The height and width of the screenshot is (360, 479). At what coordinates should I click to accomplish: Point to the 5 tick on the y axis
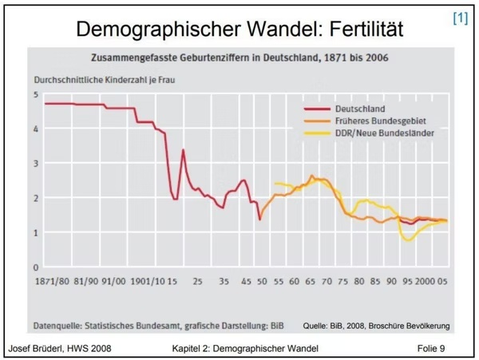(x=35, y=94)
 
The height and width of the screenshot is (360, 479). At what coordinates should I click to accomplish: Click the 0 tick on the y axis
(x=35, y=267)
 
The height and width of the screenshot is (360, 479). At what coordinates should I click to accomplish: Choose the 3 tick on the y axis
(x=35, y=164)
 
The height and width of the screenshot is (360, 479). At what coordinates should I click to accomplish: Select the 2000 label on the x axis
(x=424, y=283)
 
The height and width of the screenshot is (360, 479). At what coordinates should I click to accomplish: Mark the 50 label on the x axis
(x=260, y=283)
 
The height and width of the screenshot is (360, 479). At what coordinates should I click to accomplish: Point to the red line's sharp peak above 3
(x=183, y=150)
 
